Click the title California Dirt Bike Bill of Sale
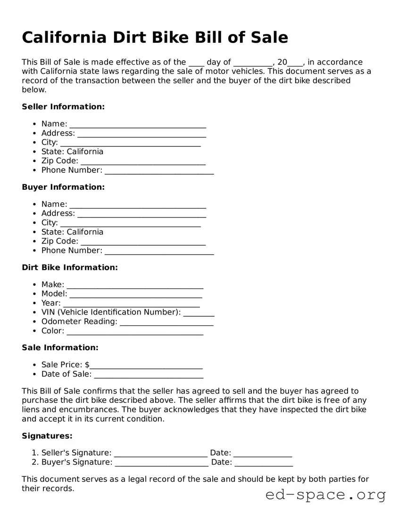(x=155, y=37)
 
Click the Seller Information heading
(x=63, y=107)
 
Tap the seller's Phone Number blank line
(x=159, y=171)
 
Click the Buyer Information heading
(x=63, y=187)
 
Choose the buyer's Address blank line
(x=141, y=214)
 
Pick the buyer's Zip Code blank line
(x=143, y=242)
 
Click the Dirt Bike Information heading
(x=70, y=267)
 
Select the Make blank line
(x=135, y=285)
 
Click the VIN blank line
(x=199, y=313)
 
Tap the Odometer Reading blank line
(x=166, y=322)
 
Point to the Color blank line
(x=135, y=332)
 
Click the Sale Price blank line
(x=146, y=366)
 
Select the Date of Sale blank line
(x=149, y=375)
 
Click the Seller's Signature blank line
(x=161, y=454)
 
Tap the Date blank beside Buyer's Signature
(x=264, y=463)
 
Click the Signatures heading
(x=47, y=436)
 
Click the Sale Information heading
(x=60, y=348)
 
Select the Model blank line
(x=136, y=295)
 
